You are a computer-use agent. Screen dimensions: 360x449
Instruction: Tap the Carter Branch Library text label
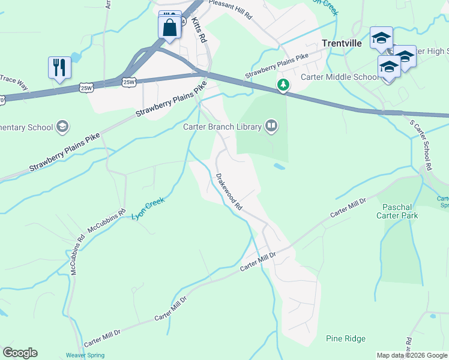click(x=223, y=127)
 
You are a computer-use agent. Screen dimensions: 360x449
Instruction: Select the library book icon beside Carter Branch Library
click(x=271, y=126)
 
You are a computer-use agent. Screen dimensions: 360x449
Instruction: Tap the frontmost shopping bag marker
click(x=169, y=28)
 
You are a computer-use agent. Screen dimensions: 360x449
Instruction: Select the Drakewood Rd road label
click(x=229, y=192)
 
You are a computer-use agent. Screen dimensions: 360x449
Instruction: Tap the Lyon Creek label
click(x=148, y=208)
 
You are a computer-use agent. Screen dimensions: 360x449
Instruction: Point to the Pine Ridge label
click(x=345, y=339)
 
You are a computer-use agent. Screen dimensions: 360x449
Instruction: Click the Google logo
click(x=20, y=353)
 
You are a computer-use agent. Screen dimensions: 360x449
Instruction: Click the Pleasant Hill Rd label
click(x=231, y=9)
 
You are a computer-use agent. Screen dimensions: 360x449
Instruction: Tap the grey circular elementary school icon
click(x=62, y=127)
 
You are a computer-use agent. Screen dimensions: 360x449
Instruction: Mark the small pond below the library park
click(x=279, y=166)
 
